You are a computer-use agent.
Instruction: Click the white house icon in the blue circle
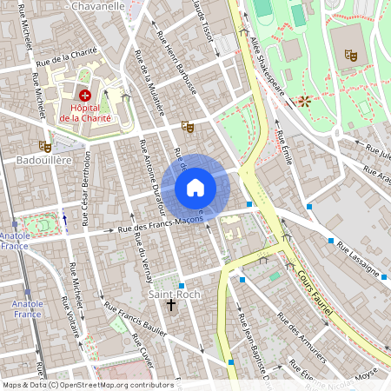tap(195, 188)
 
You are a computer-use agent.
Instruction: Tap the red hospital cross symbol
tap(85, 94)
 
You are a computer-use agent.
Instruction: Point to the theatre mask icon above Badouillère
tap(44, 146)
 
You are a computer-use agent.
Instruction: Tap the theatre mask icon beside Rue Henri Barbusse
tap(187, 126)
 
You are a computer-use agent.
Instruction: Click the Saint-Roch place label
tap(174, 295)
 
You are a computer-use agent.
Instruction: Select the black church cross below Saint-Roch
tap(171, 306)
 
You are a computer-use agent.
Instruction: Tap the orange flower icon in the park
tap(303, 101)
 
